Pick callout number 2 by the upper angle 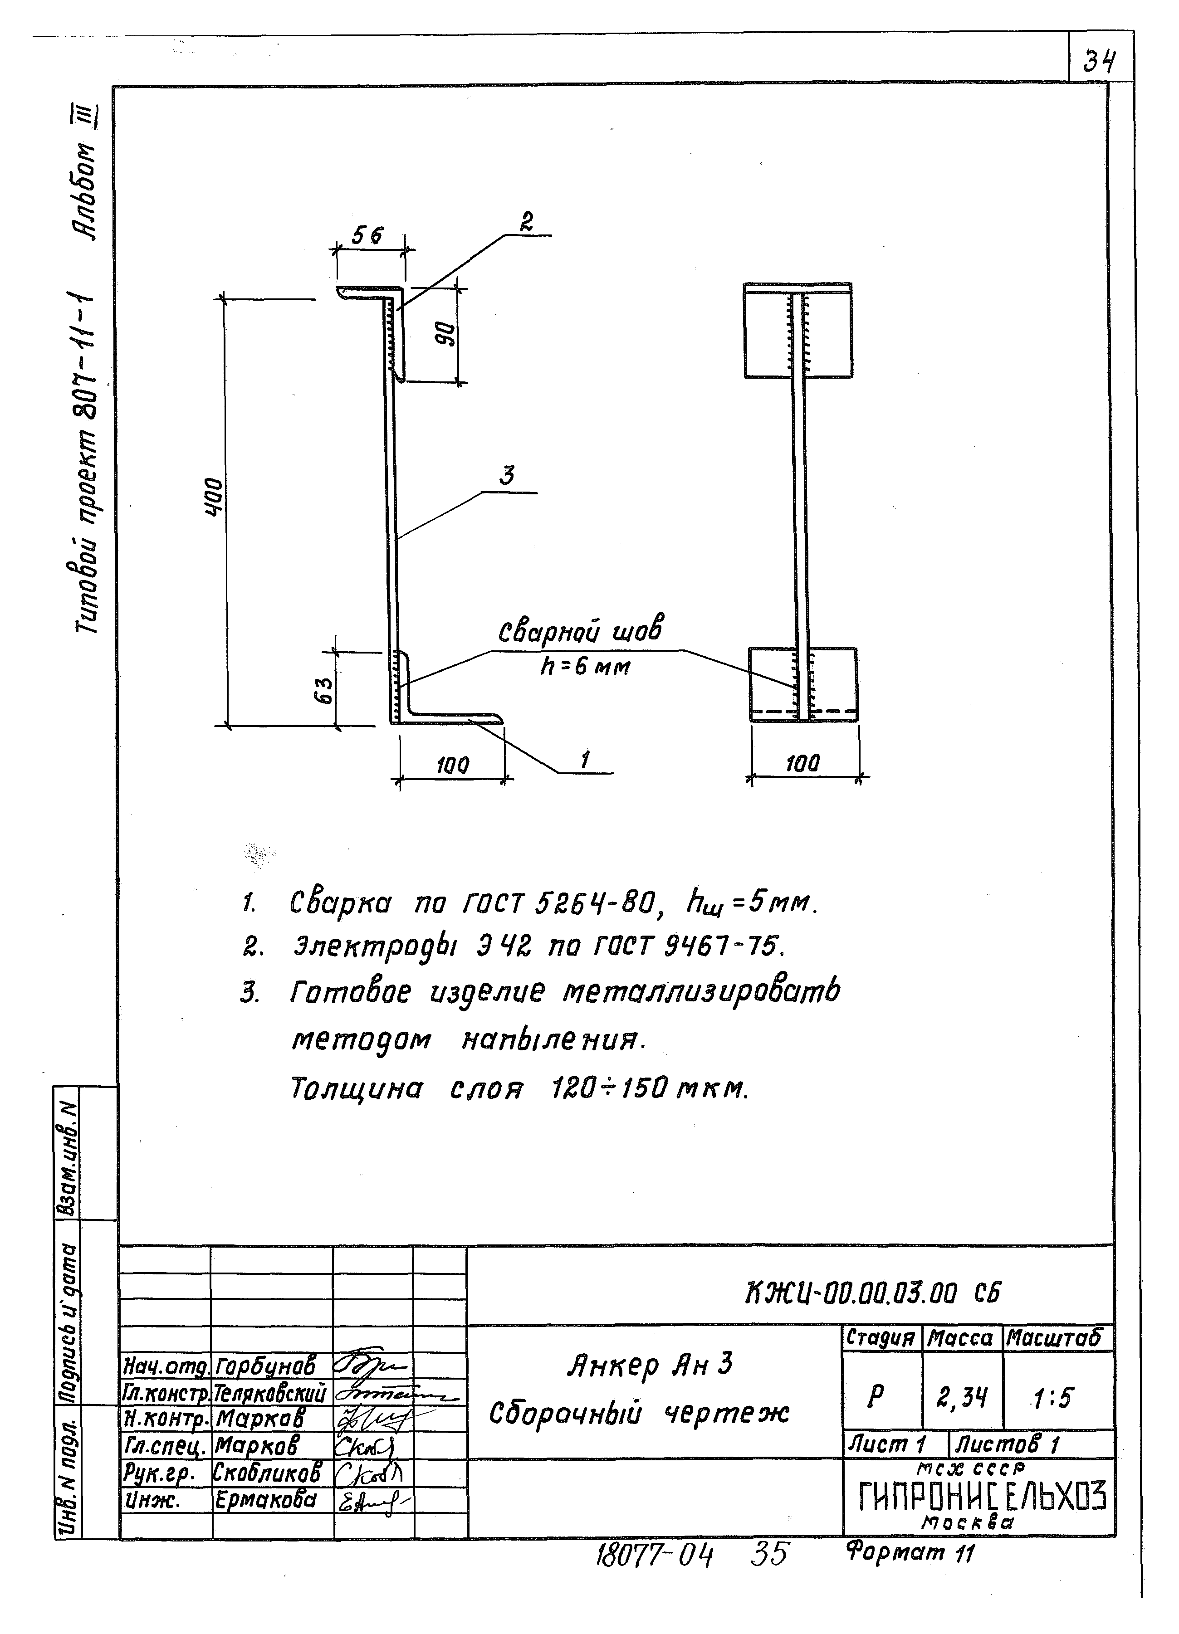(x=527, y=223)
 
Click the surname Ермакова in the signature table (x=266, y=1501)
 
